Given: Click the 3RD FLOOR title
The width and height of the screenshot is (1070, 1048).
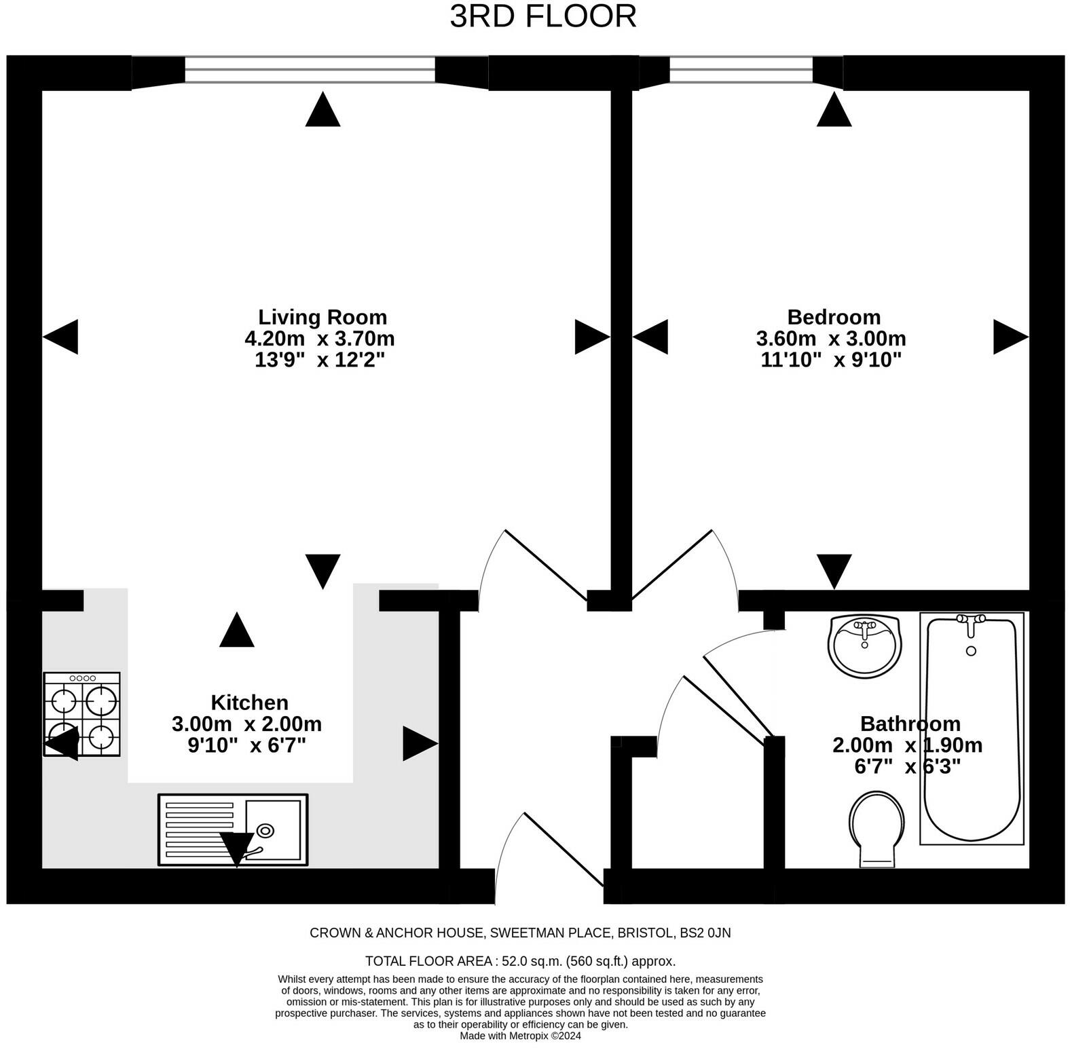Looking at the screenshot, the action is pos(543,16).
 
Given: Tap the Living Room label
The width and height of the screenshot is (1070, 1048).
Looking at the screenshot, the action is pos(322,317).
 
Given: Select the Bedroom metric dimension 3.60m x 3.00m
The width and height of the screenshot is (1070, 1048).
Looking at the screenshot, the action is pos(831,338).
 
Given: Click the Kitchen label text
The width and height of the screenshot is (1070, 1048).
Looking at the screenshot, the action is pos(249,702).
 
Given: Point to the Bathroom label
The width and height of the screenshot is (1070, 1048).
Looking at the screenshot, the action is pos(910,723).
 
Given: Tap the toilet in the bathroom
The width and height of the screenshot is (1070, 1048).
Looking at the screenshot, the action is pos(877,829).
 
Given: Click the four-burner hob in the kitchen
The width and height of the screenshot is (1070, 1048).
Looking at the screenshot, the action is pos(82,714).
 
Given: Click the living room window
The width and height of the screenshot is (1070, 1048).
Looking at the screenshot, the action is pos(310,70).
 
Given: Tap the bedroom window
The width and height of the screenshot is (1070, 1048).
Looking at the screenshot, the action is pos(741,70).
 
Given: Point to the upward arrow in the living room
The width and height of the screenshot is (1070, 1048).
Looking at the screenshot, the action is pos(322,109).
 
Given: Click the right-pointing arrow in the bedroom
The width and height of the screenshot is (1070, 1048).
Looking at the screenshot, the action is pos(1011,337).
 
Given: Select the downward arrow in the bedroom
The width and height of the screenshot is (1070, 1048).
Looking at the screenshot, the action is pos(834,572).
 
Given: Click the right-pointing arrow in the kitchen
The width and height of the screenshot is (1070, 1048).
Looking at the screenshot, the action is pos(420,743).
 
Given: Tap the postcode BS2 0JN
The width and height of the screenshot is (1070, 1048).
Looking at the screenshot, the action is pos(705,933).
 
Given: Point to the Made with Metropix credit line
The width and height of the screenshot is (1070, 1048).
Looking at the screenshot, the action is pos(520,1036).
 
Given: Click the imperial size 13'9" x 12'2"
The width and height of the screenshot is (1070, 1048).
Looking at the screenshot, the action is pos(320,359).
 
